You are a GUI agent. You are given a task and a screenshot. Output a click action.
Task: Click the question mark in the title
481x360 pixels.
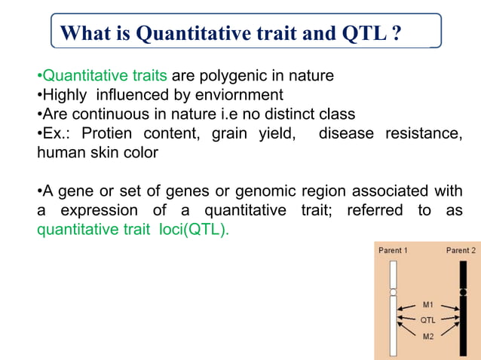pyautogui.click(x=397, y=33)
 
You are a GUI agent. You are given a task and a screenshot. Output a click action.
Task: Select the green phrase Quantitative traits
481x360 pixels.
pyautogui.click(x=105, y=76)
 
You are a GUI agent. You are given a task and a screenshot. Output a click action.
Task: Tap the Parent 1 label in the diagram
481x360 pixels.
pyautogui.click(x=393, y=250)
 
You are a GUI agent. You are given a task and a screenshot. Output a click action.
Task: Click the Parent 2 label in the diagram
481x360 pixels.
pyautogui.click(x=461, y=250)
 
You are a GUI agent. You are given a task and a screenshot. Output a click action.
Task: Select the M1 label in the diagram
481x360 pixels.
pyautogui.click(x=427, y=305)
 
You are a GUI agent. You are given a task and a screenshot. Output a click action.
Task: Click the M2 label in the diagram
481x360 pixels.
pyautogui.click(x=427, y=335)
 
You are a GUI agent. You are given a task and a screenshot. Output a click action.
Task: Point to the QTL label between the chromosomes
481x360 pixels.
pyautogui.click(x=427, y=320)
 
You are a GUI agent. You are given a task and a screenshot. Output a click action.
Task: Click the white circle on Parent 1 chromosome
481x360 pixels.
pyautogui.click(x=393, y=291)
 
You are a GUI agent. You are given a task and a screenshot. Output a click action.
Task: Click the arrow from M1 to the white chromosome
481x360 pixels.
pyautogui.click(x=408, y=308)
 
